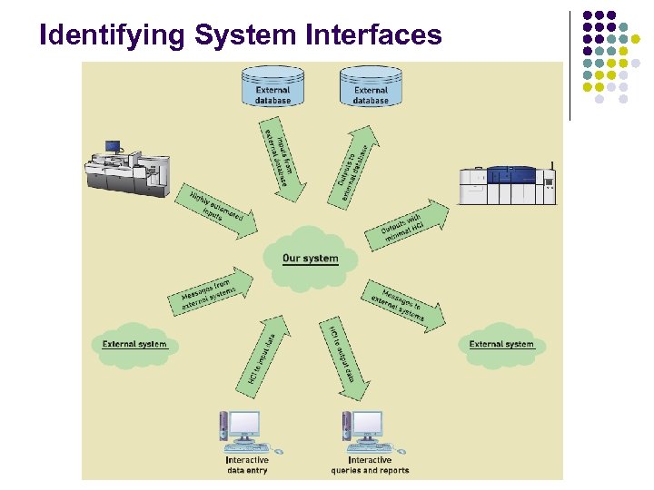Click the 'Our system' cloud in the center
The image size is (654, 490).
(310, 258)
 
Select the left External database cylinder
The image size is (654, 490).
(272, 87)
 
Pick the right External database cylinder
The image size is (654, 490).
(371, 87)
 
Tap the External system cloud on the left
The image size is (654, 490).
(134, 346)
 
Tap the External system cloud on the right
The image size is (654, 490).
(501, 346)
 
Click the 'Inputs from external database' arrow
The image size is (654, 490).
(278, 158)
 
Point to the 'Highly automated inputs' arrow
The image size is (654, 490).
(218, 212)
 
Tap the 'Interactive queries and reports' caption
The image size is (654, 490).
(370, 465)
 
